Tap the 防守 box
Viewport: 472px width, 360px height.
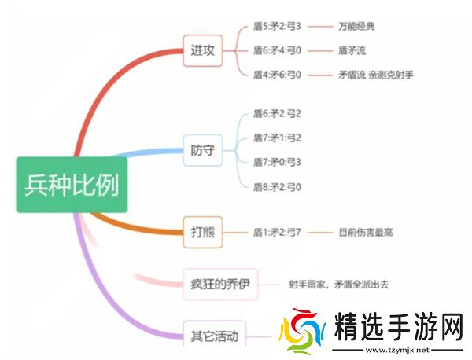[x=202, y=151]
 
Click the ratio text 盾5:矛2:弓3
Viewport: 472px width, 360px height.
[x=277, y=26]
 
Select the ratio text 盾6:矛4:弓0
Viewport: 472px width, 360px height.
[x=277, y=50]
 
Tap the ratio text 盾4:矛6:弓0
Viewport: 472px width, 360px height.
[x=277, y=75]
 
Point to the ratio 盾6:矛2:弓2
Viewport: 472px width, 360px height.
[x=277, y=114]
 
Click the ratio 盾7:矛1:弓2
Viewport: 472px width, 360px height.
[x=277, y=138]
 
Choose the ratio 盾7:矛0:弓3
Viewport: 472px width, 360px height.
[x=277, y=163]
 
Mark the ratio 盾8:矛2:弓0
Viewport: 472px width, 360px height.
[x=277, y=187]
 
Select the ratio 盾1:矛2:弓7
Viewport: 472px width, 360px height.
[x=277, y=232]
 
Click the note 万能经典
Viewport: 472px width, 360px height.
[x=356, y=26]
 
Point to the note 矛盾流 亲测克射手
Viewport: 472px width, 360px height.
[x=375, y=75]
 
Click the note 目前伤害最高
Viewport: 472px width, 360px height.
[x=365, y=232]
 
